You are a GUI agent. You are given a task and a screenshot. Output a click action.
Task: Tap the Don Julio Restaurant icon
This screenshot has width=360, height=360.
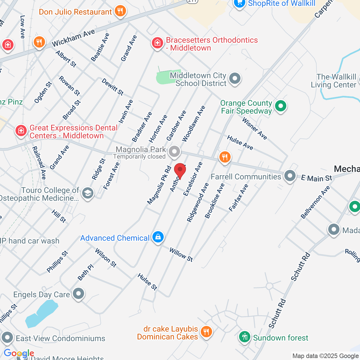click(x=120, y=11)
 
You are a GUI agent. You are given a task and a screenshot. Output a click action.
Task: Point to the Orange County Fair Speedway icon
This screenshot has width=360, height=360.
click(x=280, y=106)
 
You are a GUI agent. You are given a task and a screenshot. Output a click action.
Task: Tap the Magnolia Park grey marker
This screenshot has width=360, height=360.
click(x=174, y=152)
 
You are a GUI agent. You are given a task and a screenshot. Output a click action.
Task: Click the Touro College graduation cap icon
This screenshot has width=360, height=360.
click(x=88, y=193)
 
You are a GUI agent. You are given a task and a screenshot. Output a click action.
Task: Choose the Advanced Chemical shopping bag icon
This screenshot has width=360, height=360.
click(x=158, y=237)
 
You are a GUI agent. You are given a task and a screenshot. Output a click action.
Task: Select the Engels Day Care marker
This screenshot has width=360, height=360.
click(x=78, y=294)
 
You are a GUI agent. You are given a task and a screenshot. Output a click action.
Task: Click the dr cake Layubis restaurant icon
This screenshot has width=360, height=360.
click(x=206, y=332)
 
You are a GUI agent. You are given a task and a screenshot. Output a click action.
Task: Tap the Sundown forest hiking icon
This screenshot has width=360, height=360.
click(x=245, y=337)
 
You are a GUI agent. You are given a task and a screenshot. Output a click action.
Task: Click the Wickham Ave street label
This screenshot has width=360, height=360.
click(x=73, y=38)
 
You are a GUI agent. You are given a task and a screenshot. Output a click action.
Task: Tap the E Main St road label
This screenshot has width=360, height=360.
click(x=316, y=178)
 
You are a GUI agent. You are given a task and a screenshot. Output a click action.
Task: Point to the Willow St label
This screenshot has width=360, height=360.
click(x=181, y=255)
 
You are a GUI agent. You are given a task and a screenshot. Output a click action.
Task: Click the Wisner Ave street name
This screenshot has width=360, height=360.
click(x=255, y=129)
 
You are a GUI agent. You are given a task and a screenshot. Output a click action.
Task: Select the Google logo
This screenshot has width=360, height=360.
click(x=19, y=353)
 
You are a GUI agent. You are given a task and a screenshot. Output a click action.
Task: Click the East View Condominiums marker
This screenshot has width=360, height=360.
click(x=7, y=337)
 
